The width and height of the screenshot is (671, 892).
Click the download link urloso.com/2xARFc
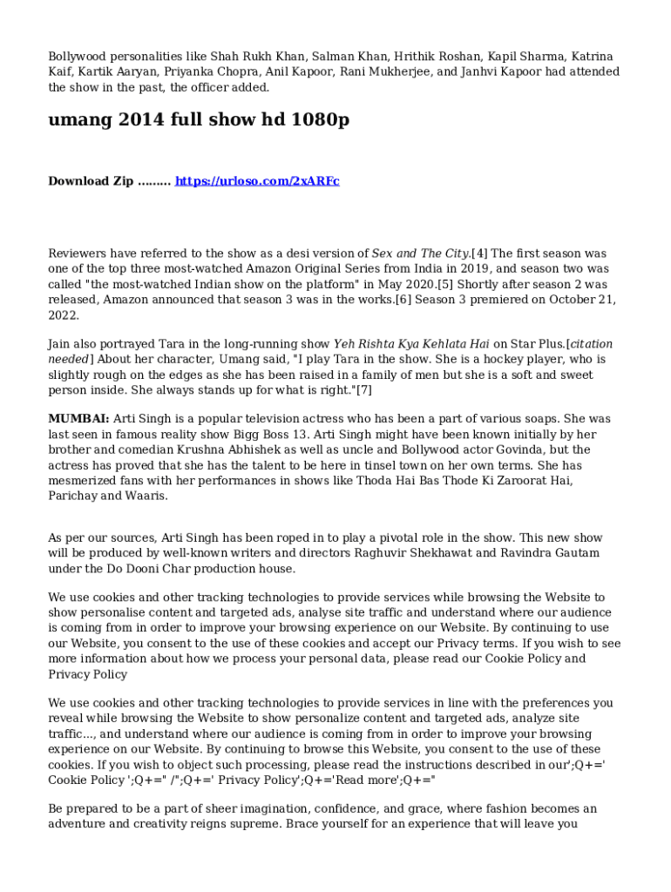pos(257,181)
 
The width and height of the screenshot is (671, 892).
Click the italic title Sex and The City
pos(421,253)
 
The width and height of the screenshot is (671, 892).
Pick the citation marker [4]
pos(480,253)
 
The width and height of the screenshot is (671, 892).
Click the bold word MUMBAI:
pos(78,419)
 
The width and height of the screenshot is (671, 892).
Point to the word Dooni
pos(137,570)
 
